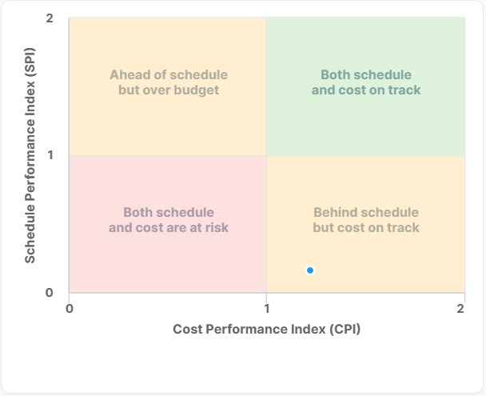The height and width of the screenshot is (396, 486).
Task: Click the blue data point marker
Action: (x=310, y=270)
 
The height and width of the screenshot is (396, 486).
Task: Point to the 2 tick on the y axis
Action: (x=50, y=18)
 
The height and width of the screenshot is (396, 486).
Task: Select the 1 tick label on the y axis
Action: (x=50, y=154)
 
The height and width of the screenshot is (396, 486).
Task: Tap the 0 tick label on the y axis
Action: (x=50, y=292)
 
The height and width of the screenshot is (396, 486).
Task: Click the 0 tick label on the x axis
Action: (x=70, y=308)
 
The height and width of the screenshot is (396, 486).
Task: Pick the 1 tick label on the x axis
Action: (x=266, y=308)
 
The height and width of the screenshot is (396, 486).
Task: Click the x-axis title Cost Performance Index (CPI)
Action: (x=266, y=329)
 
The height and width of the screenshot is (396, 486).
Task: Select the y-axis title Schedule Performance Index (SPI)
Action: (x=30, y=154)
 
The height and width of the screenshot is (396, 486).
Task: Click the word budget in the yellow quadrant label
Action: (x=199, y=90)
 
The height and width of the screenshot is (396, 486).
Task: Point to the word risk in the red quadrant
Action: (x=215, y=227)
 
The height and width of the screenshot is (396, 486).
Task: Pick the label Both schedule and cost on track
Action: (x=365, y=82)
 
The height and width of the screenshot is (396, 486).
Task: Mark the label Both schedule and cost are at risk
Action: (x=168, y=220)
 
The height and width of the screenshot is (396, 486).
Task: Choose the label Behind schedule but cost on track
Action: (x=365, y=220)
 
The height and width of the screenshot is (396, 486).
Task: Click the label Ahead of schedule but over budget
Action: (x=168, y=82)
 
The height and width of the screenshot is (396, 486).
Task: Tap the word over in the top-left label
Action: (x=158, y=90)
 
